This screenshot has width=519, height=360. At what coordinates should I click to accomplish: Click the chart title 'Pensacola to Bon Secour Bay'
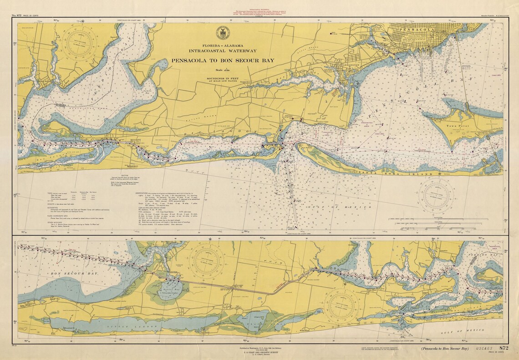pyautogui.click(x=223, y=60)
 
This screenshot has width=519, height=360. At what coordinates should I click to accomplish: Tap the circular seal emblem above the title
pyautogui.click(x=222, y=33)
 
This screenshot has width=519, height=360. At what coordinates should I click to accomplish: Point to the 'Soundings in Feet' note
pyautogui.click(x=223, y=78)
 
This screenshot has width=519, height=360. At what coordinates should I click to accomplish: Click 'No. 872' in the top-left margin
pyautogui.click(x=16, y=15)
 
